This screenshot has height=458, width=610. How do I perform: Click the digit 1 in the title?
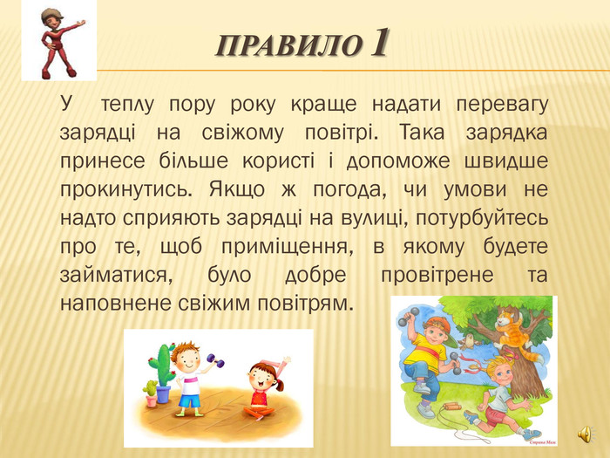tap(378, 43)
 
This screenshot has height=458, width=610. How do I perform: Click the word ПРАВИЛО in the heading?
tap(288, 45)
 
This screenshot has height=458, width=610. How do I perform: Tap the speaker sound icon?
tap(586, 434)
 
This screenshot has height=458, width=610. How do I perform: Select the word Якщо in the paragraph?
tap(237, 190)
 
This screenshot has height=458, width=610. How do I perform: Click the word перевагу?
tap(502, 106)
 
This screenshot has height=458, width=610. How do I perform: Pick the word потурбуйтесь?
tap(482, 218)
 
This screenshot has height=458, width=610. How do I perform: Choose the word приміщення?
tap(288, 247)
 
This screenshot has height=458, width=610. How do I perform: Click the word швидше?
tap(506, 161)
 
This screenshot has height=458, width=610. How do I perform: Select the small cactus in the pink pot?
tap(150, 393)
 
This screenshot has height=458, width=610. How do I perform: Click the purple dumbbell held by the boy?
tap(215, 360)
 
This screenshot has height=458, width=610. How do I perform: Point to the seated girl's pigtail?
tap(280, 386)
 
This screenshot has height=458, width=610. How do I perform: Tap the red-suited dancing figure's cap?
tap(51, 14)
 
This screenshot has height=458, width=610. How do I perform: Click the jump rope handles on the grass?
tap(451, 407)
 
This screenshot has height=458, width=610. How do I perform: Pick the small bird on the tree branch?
tap(470, 341)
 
